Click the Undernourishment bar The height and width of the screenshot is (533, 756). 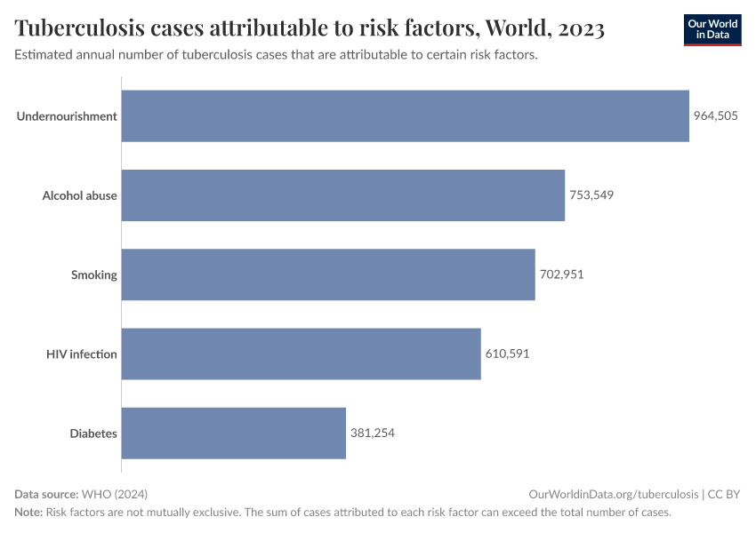coord(405,115)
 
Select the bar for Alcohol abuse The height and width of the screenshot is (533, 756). coord(342,195)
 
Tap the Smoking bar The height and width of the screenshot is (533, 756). coord(327,274)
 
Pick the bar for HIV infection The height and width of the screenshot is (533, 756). coord(301,354)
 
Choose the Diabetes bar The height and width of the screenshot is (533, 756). coord(233,434)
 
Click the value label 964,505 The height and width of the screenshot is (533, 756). coord(716,115)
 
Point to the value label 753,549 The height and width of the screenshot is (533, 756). coord(591,195)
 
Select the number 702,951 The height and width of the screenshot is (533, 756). coord(561,274)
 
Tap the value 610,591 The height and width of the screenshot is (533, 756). coord(507,354)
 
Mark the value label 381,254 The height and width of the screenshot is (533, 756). coord(372,434)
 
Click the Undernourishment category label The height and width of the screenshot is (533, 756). coord(67,115)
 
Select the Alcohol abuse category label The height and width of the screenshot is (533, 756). coord(80,195)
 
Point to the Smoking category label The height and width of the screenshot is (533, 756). coord(94,274)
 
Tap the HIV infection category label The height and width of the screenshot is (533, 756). coord(82,354)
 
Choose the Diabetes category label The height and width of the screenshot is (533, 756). coord(93,434)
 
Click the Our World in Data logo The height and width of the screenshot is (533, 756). coord(712,29)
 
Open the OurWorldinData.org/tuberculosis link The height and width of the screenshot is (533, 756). coord(613,494)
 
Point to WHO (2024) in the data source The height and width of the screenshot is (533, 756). coord(114,494)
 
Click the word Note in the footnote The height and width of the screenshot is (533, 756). coord(28,512)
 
